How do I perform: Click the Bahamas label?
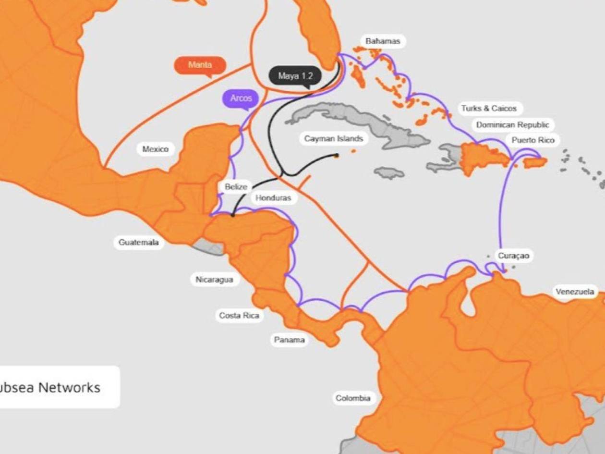[x=382, y=41]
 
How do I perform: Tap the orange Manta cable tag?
[x=200, y=65]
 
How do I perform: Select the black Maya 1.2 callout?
[x=295, y=76]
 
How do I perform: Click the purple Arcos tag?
[x=241, y=98]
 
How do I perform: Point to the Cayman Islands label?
[x=333, y=139]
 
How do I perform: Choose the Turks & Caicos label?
[x=489, y=108]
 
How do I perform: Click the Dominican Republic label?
[x=512, y=125]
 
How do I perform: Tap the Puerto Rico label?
[x=532, y=140]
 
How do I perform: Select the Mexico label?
[x=156, y=149]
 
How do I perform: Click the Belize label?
[x=236, y=187]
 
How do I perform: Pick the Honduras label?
[x=273, y=198]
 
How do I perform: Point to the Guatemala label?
[x=138, y=243]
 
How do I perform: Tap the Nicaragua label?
[x=214, y=280]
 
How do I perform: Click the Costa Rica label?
[x=239, y=316]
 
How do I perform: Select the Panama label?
[x=289, y=340]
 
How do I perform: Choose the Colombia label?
[x=353, y=398]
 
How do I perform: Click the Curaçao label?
[x=513, y=256]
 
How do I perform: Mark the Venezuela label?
[x=575, y=292]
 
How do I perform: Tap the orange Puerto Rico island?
[x=535, y=162]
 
